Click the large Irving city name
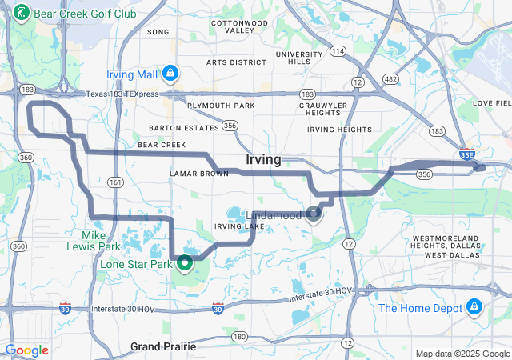pos(263,160)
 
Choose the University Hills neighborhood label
pos(299,58)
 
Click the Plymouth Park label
pos(221,106)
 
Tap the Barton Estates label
pos(183,127)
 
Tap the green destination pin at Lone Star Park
pos(186,262)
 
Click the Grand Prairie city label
pos(163,346)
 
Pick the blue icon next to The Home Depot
pos(474,307)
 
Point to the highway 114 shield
pos(338,51)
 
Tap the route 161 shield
pos(118,182)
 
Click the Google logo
pos(26,350)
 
